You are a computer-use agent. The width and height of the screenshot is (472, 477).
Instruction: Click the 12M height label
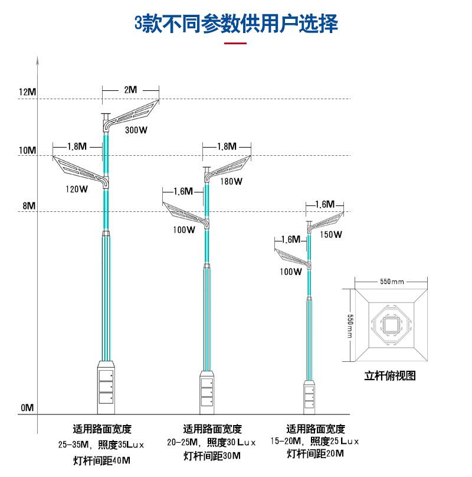pyautogui.click(x=28, y=93)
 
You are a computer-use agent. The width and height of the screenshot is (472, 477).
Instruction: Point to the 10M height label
pyautogui.click(x=28, y=151)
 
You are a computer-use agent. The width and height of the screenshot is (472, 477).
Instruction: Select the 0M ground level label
pyautogui.click(x=28, y=408)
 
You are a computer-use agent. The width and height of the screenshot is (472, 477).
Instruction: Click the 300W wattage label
pyautogui.click(x=136, y=130)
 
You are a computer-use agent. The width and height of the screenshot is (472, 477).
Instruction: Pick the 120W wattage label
pyautogui.click(x=76, y=190)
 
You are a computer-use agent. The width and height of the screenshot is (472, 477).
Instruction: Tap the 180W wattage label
pyautogui.click(x=231, y=181)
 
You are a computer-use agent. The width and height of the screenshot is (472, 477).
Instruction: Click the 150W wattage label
pyautogui.click(x=331, y=234)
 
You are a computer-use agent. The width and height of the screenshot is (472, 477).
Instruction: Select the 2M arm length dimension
pyautogui.click(x=130, y=90)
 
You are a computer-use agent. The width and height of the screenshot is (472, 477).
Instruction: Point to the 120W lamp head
pyautogui.click(x=80, y=170)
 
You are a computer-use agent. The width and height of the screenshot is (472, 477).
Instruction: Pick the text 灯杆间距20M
pyautogui.click(x=315, y=454)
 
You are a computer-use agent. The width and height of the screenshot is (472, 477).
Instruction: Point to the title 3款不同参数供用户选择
pyautogui.click(x=236, y=24)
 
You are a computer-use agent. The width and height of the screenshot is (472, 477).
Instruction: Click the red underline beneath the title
pyautogui.click(x=236, y=43)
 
